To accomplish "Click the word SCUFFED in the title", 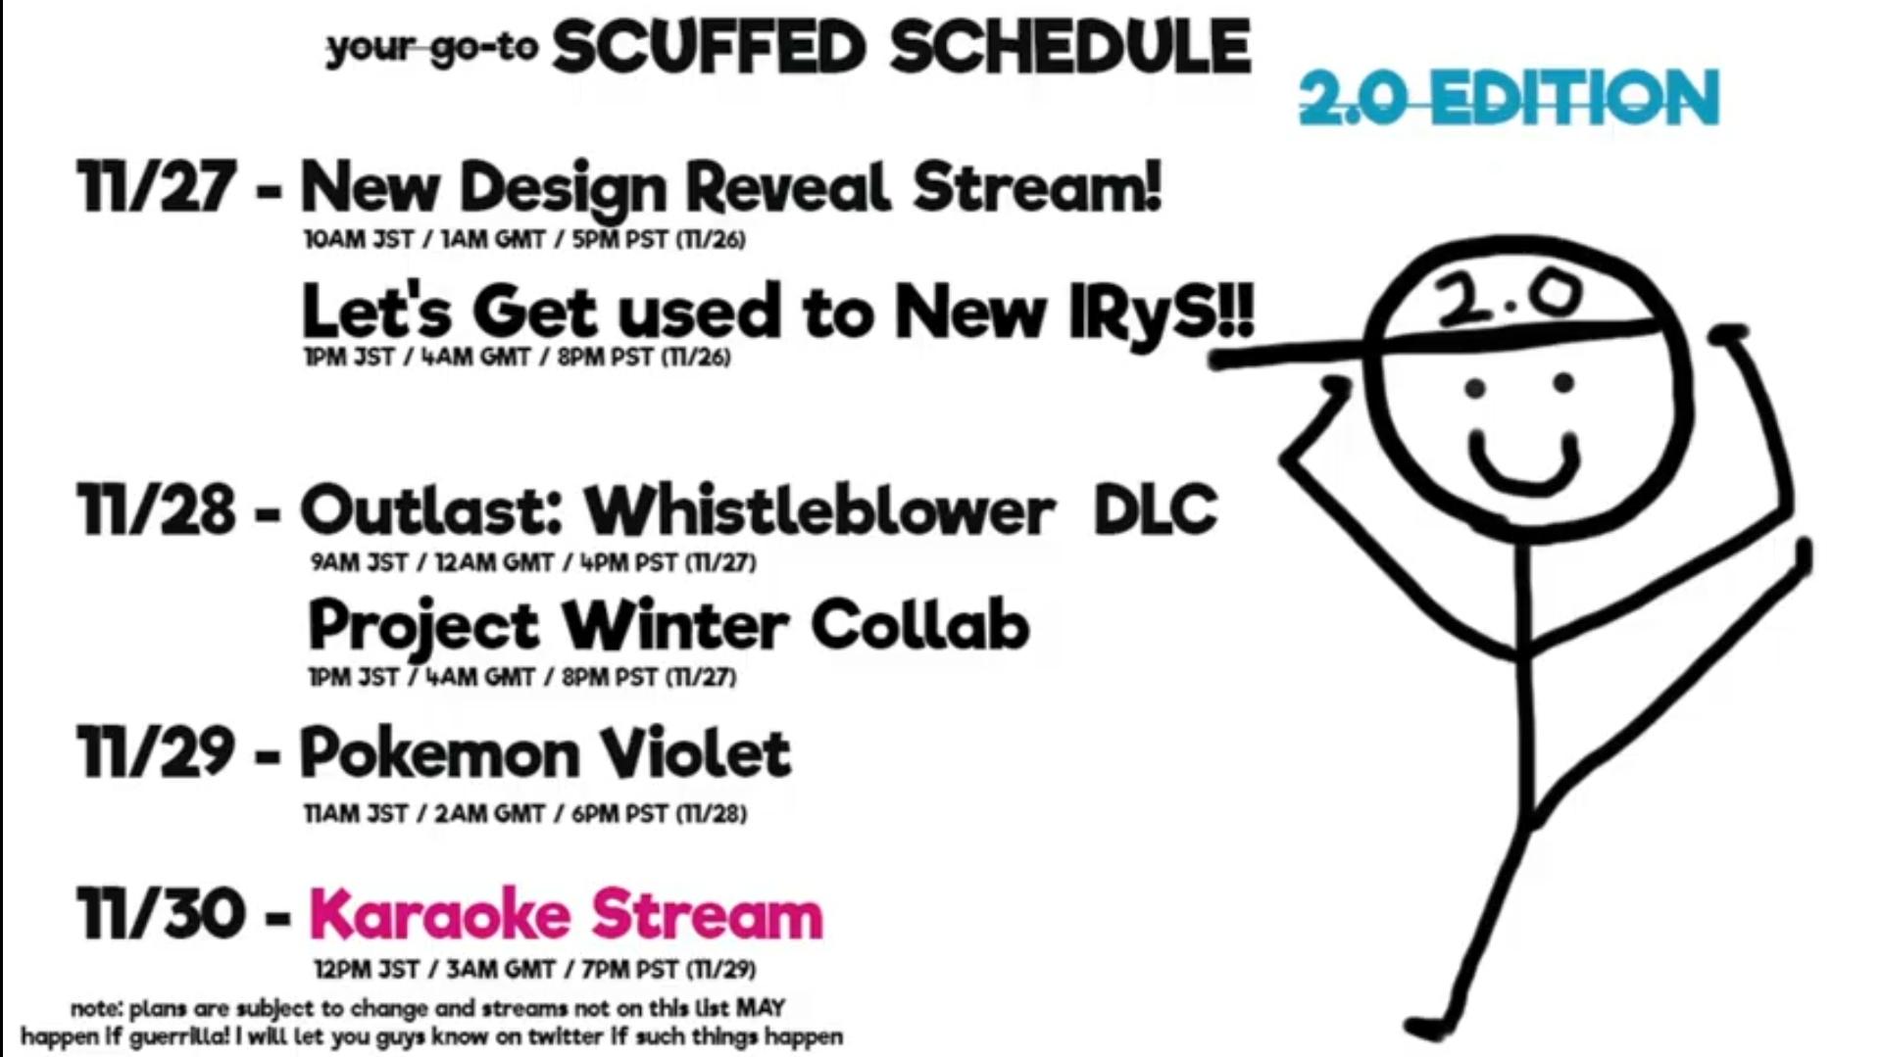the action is (709, 47).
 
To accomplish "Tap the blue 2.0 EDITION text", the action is (1510, 97).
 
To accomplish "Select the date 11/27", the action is (157, 186).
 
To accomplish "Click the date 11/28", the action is (157, 509).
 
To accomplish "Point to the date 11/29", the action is (157, 752).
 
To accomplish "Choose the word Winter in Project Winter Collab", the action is (675, 625).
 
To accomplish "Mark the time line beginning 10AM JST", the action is (524, 240).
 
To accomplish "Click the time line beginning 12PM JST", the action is (535, 970).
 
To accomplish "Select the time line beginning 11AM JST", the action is (525, 814).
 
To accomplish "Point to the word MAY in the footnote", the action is (760, 1007).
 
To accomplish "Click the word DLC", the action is (1156, 509).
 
